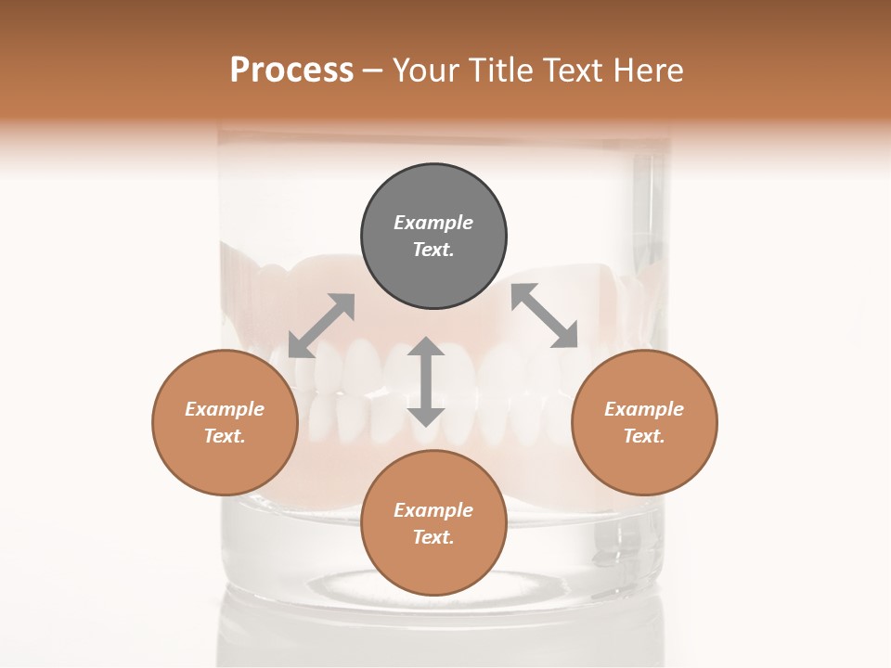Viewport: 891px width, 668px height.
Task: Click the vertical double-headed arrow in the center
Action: (x=426, y=381)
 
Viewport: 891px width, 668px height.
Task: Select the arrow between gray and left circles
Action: (x=321, y=326)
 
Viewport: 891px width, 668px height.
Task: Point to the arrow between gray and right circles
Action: (x=544, y=315)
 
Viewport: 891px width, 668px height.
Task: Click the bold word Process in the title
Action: (x=291, y=71)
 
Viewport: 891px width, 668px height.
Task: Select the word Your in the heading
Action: (x=425, y=71)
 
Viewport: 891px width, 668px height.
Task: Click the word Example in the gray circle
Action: (x=433, y=223)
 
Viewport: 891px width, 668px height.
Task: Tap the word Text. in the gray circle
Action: (x=433, y=250)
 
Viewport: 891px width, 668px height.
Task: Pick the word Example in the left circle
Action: (x=225, y=409)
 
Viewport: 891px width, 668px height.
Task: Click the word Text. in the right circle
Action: (x=644, y=436)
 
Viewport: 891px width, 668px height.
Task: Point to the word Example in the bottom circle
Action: (x=433, y=510)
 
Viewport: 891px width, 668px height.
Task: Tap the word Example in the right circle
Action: (x=644, y=409)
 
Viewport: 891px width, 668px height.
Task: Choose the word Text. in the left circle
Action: (x=225, y=436)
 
